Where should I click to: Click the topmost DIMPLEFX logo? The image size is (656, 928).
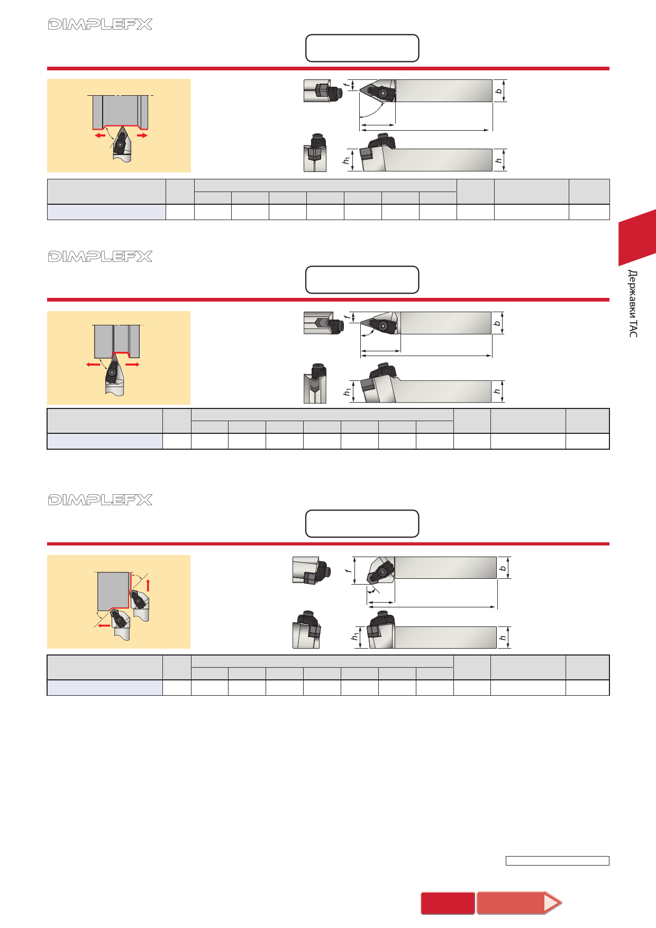[x=100, y=24]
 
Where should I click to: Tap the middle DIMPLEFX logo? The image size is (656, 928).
[x=100, y=257]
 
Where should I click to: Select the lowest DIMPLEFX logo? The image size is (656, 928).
[x=100, y=500]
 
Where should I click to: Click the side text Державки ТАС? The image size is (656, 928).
[x=633, y=303]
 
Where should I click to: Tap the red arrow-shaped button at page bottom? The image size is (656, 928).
[x=519, y=903]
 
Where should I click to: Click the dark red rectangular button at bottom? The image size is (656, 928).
[x=448, y=903]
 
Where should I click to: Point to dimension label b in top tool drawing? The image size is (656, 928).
[x=498, y=91]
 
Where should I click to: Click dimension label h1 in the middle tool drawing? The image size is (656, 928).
[x=347, y=392]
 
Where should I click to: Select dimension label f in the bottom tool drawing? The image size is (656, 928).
[x=348, y=570]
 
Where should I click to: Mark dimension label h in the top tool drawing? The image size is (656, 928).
[x=498, y=160]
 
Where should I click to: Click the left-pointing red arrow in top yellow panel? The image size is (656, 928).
[x=100, y=135]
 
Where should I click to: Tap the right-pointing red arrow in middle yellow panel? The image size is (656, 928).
[x=132, y=365]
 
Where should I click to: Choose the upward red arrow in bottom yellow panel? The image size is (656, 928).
[x=148, y=585]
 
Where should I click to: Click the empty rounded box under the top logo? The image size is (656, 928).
[x=362, y=48]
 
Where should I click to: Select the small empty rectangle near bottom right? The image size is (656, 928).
[x=558, y=861]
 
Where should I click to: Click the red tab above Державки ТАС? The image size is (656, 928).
[x=637, y=238]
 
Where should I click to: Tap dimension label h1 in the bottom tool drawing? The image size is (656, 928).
[x=356, y=636]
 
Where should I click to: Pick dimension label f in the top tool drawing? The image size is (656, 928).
[x=347, y=85]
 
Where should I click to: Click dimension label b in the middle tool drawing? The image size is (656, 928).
[x=497, y=323]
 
